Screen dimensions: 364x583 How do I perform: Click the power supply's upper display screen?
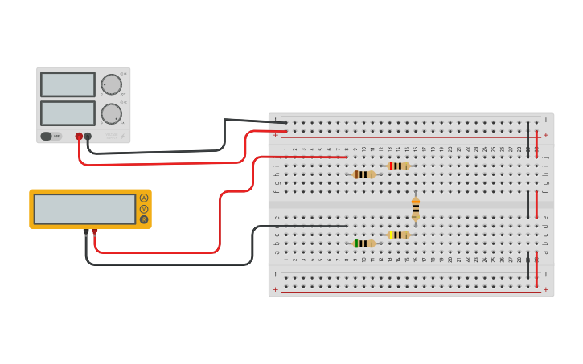pos(68,84)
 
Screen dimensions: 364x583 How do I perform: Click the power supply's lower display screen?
pos(68,112)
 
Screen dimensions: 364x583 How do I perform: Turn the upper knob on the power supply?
pos(111,84)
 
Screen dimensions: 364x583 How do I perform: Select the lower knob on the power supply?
pos(111,113)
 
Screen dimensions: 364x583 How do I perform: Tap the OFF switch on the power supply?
pos(51,137)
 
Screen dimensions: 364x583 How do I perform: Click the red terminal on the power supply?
pos(79,137)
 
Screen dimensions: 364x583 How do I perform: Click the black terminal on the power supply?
pos(88,137)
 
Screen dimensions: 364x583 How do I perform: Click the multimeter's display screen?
pos(84,209)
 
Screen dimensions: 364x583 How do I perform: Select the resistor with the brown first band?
pos(363,174)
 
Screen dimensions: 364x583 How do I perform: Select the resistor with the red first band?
pos(398,166)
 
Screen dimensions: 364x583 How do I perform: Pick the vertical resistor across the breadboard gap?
pos(416,209)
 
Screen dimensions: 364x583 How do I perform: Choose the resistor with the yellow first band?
pos(398,235)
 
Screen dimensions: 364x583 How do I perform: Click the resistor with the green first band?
pos(363,243)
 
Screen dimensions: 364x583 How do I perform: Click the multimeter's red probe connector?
pos(95,231)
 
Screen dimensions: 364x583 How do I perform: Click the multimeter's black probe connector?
pos(86,231)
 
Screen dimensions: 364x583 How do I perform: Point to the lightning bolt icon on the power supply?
pos(123,137)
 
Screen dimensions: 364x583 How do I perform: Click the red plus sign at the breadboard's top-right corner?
pos(545,135)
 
